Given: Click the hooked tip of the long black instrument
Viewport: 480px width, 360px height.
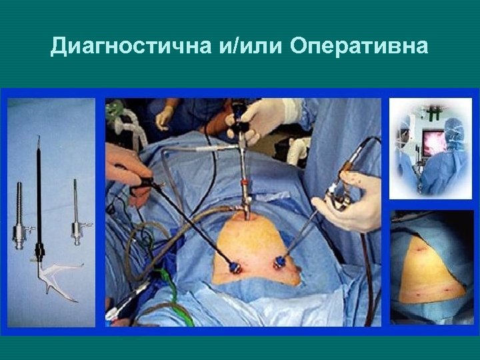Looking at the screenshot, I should (38, 141).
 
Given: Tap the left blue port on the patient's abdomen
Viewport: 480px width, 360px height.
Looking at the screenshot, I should (235, 267).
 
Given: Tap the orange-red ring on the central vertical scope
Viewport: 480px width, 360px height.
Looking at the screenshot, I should (247, 180).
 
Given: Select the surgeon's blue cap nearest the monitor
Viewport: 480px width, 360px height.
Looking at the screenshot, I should (453, 127).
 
